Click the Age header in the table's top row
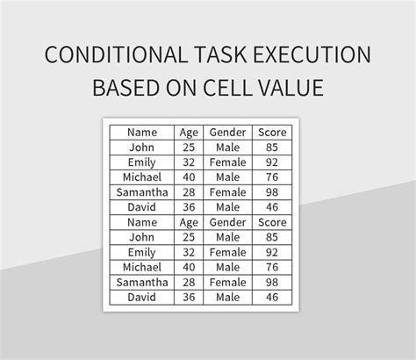(189, 132)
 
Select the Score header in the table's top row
(272, 132)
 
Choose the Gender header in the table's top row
(227, 132)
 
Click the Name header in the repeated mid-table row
(141, 222)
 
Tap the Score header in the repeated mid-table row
(272, 222)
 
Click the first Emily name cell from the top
(141, 162)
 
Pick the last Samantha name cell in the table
(141, 282)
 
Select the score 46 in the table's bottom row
(272, 298)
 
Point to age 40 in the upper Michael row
(189, 176)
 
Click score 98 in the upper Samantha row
(272, 191)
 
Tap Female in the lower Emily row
(227, 252)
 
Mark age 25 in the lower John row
(189, 237)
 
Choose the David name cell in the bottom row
(141, 298)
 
